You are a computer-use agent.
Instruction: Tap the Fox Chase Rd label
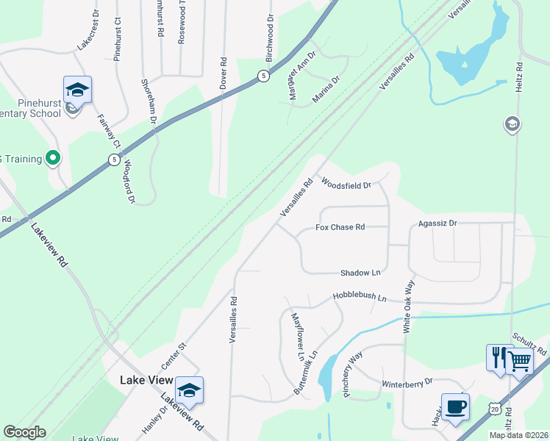(x=340, y=227)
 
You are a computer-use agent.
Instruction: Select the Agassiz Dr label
(x=437, y=223)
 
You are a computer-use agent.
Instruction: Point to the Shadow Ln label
(x=360, y=273)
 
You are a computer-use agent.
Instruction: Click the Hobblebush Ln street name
(x=359, y=298)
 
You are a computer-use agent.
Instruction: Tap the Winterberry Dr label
(x=407, y=383)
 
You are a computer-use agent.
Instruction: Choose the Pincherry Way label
(x=353, y=375)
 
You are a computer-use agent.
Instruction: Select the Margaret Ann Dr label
(x=301, y=67)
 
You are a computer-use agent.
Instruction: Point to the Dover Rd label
(x=224, y=74)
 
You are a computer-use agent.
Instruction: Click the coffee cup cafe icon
(x=455, y=406)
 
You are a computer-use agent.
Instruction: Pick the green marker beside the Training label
(x=52, y=158)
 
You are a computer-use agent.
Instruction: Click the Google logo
(x=24, y=432)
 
